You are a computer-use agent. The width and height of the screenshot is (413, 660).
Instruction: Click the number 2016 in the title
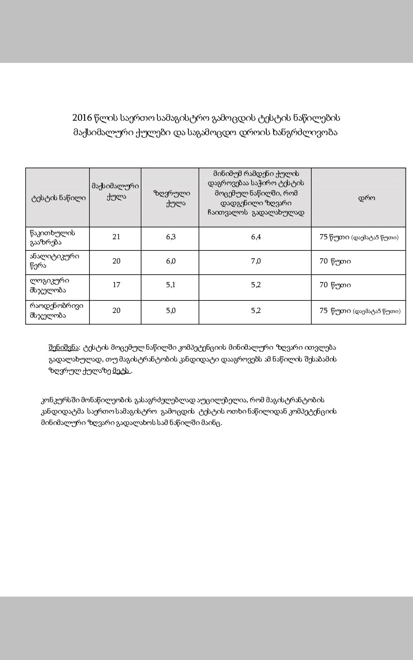pyautogui.click(x=82, y=118)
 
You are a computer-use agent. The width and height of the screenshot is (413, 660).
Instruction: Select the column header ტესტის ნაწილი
pyautogui.click(x=58, y=197)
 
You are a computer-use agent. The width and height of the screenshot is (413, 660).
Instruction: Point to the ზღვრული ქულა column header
pyautogui.click(x=170, y=198)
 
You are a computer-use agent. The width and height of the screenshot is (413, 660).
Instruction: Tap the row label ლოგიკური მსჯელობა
pyautogui.click(x=50, y=285)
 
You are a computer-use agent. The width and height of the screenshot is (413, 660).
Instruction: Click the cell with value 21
pyautogui.click(x=116, y=237)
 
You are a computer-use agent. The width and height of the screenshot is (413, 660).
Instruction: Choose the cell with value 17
pyautogui.click(x=116, y=285)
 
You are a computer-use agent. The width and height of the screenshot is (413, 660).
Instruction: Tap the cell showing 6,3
pyautogui.click(x=170, y=237)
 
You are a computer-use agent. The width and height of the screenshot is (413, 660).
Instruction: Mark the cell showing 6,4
pyautogui.click(x=256, y=237)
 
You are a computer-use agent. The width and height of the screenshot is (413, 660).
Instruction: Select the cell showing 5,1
pyautogui.click(x=170, y=285)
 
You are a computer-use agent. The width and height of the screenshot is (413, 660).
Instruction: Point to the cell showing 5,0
pyautogui.click(x=170, y=310)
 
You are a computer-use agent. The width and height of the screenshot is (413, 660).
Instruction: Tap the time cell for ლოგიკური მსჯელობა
pyautogui.click(x=335, y=285)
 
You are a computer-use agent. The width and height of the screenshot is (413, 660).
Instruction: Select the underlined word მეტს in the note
pyautogui.click(x=122, y=371)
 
